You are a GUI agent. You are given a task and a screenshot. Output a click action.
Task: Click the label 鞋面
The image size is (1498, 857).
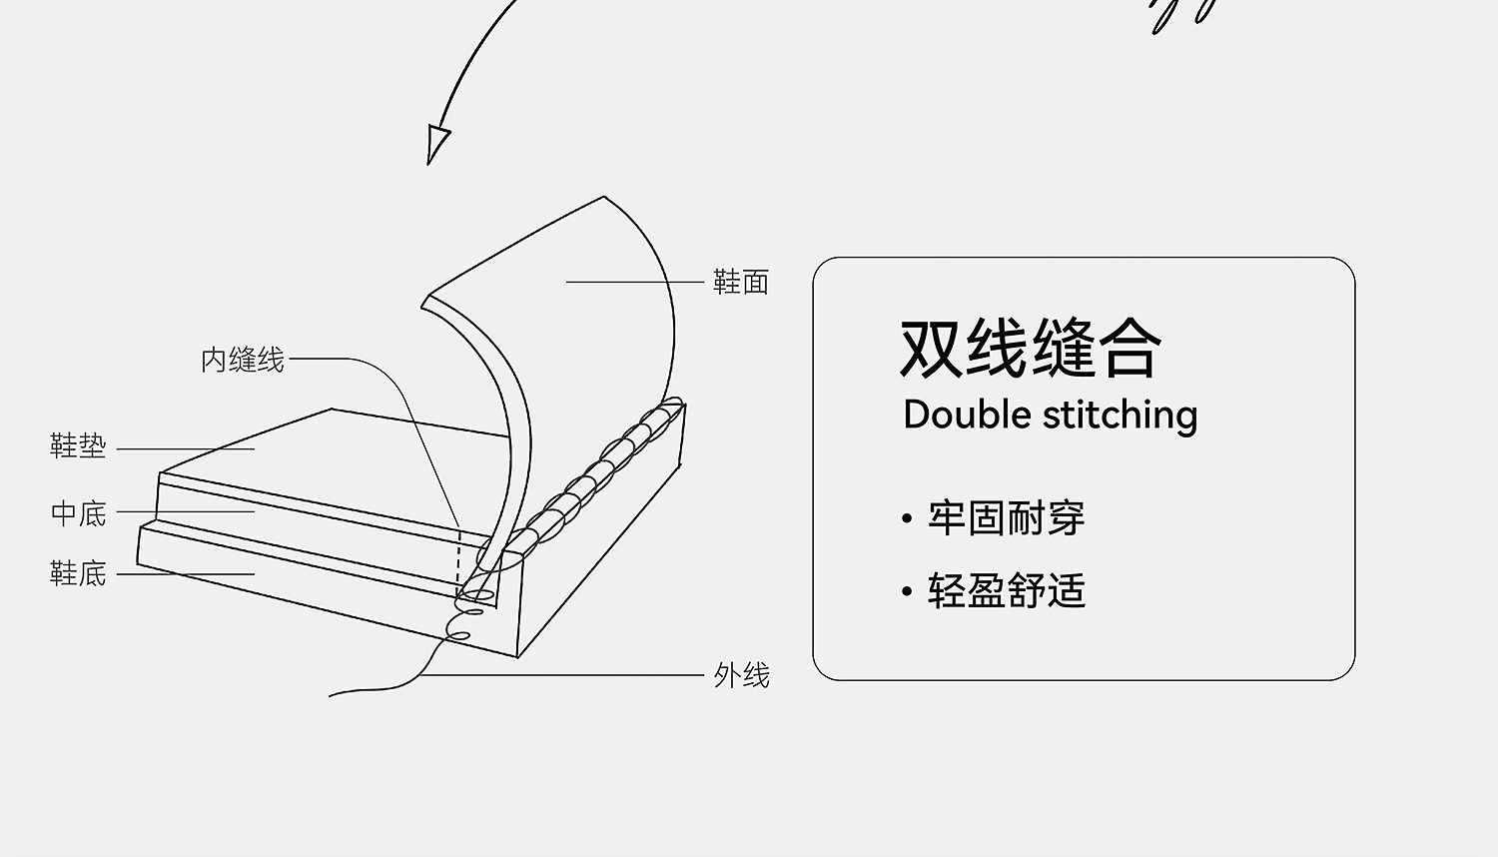pos(741,282)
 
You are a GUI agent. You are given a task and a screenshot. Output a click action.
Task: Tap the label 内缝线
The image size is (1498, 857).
pos(243,360)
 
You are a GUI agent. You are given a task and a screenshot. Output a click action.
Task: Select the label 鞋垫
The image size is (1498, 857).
pos(78,445)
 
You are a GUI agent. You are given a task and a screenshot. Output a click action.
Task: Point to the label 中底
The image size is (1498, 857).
pos(78,513)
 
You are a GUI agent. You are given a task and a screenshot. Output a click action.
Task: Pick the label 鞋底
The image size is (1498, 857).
pos(78,573)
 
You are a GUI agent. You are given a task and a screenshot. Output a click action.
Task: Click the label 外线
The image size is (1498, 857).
pos(742,676)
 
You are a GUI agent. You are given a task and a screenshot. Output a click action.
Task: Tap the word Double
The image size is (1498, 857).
pos(968,415)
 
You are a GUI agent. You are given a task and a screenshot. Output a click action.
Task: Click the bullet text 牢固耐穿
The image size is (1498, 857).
pos(1006,518)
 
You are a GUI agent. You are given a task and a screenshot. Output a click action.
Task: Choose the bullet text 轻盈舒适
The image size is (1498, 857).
pos(1006,590)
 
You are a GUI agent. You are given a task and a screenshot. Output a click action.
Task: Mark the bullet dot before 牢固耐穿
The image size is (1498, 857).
pos(907,519)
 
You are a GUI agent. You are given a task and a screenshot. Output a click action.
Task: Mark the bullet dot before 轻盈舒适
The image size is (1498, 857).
pos(907,591)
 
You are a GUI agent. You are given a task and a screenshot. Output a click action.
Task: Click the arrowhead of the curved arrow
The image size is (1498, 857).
pos(436,143)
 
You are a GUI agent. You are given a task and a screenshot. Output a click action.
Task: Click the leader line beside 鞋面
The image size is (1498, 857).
pos(634,282)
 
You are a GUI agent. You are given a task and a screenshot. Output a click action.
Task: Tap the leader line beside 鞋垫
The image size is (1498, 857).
pos(185,448)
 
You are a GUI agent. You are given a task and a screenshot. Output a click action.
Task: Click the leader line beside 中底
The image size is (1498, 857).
pos(185,511)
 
